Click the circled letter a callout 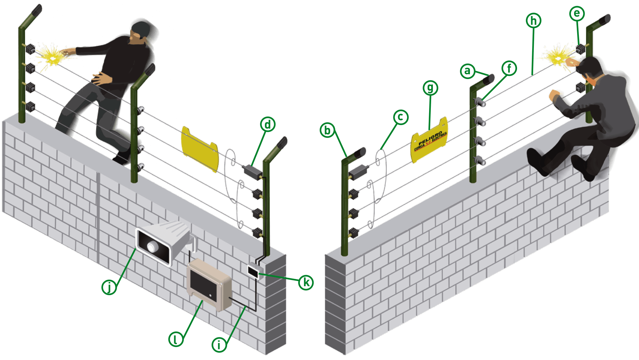click(467, 71)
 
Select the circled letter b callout click(327, 130)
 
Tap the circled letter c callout click(400, 117)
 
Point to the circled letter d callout click(268, 124)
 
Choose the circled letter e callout click(576, 13)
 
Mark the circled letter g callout click(430, 88)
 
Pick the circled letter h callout click(533, 21)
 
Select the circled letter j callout click(109, 287)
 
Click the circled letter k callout click(305, 282)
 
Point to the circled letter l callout click(176, 339)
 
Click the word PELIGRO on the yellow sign click(430, 138)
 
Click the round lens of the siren click(152, 246)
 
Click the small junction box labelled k click(254, 271)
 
